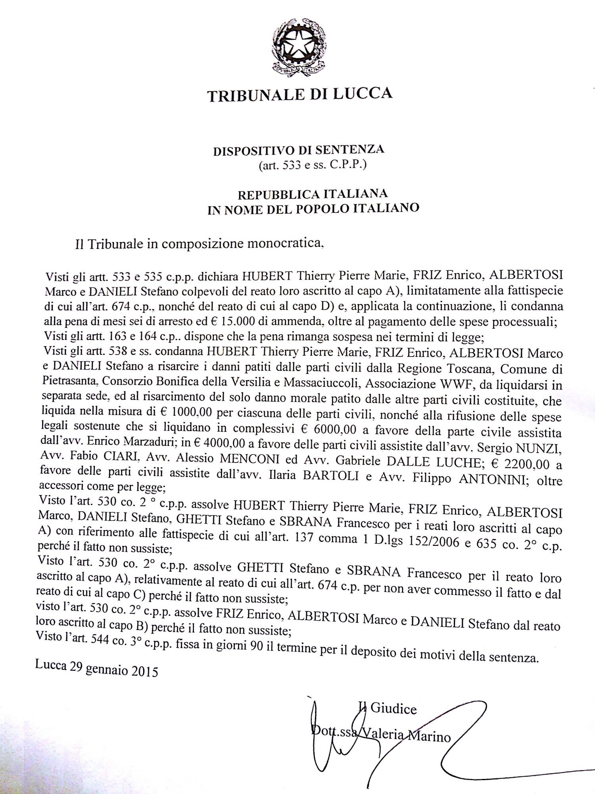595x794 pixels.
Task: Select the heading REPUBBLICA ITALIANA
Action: tap(313, 194)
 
